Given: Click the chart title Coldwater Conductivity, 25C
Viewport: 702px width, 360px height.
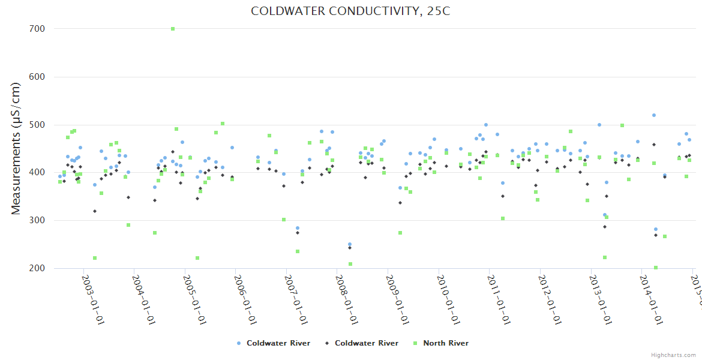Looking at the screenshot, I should coord(350,11).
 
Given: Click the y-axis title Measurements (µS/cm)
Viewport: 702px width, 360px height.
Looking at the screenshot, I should coord(16,148).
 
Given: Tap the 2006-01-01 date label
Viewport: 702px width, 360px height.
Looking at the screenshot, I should coord(247,292).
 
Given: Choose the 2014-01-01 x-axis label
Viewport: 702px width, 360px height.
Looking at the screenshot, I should coord(653,292).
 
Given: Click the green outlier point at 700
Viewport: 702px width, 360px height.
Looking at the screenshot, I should coord(173,29).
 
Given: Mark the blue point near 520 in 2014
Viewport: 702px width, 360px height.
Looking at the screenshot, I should coord(654,115).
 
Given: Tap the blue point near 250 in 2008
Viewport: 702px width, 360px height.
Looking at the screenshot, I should coord(350,244).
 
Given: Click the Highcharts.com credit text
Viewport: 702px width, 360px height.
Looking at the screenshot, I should coord(674,355).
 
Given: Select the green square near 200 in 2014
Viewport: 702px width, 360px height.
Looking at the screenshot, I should coord(656,268).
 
